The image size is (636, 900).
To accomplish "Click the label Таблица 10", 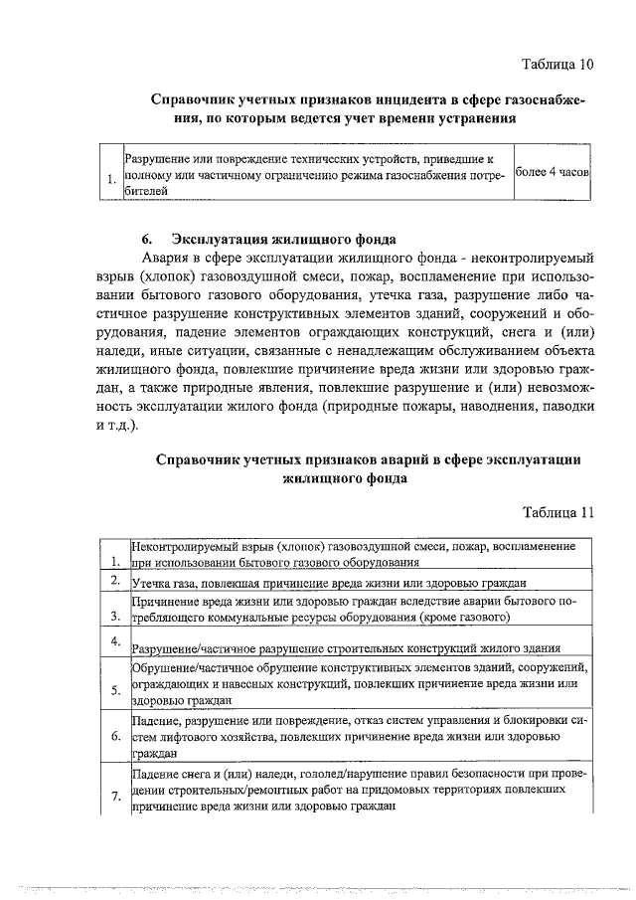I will [557, 66].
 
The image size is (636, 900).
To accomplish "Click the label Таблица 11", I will [557, 512].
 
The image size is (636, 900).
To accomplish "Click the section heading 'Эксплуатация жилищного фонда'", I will [284, 239].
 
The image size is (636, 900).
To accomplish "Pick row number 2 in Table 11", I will [116, 581].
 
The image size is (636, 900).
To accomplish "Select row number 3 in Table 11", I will [116, 618].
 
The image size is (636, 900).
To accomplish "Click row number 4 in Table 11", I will [116, 639].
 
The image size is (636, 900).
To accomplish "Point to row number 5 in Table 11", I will [116, 690].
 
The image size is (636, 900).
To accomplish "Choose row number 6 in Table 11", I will [116, 737].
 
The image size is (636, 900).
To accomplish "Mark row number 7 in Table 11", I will [116, 797].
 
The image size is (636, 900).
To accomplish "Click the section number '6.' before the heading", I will [146, 239].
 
